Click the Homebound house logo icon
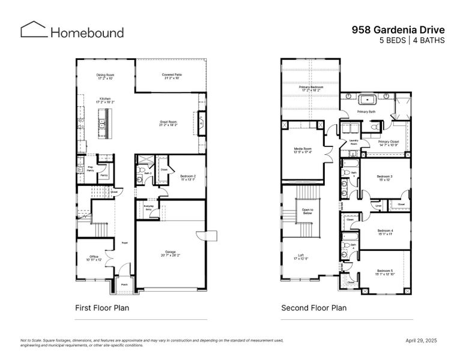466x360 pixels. click(33, 30)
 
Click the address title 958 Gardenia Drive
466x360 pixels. click(398, 29)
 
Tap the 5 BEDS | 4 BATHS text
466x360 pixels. click(411, 41)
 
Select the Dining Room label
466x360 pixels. click(105, 76)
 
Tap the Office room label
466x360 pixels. click(94, 257)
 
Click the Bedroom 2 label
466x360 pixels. click(189, 177)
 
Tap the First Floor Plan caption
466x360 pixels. click(101, 308)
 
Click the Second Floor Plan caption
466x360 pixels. click(313, 308)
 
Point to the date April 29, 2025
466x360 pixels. click(422, 341)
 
